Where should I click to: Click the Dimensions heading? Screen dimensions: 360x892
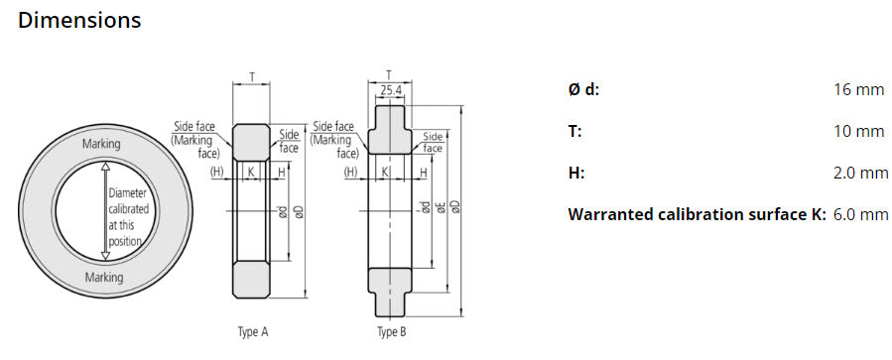point(79,20)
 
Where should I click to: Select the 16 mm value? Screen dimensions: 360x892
point(858,90)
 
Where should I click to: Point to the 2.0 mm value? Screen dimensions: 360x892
point(860,173)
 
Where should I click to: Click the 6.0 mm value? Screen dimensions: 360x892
point(860,214)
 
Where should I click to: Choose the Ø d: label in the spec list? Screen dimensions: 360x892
point(583,90)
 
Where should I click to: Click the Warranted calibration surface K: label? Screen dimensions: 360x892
point(697,214)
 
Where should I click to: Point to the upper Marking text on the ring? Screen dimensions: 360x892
point(103,145)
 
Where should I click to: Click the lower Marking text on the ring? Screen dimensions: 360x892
point(103,277)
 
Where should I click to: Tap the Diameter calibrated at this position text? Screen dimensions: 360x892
point(129,211)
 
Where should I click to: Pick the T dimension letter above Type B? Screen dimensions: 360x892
point(389,73)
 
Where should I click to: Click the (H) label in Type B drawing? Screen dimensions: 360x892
point(350,173)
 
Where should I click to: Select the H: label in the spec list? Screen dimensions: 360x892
point(575,173)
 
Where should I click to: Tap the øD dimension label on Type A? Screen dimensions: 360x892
point(298,210)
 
